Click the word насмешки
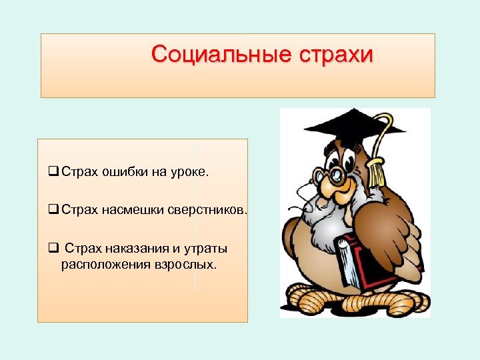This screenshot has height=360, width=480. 129,211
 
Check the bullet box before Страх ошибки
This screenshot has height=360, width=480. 53,172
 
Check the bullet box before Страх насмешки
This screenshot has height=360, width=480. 53,211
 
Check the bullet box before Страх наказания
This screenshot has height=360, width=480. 53,249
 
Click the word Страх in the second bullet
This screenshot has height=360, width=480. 80,211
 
